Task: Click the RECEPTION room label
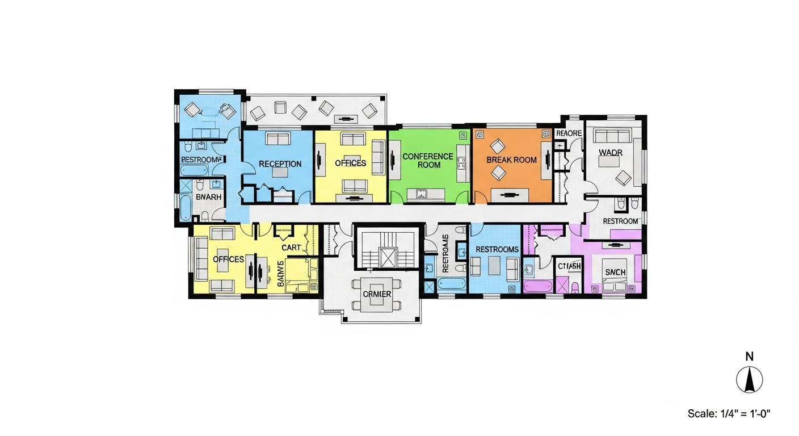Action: pyautogui.click(x=280, y=164)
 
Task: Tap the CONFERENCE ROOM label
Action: pyautogui.click(x=428, y=161)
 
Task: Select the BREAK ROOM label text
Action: pyautogui.click(x=511, y=160)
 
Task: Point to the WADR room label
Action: pyautogui.click(x=611, y=153)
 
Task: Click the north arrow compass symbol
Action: pyautogui.click(x=749, y=380)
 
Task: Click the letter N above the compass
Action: pyautogui.click(x=749, y=357)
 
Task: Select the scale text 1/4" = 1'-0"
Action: pyautogui.click(x=728, y=413)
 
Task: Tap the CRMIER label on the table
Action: pyautogui.click(x=377, y=294)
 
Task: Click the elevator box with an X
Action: pyautogui.click(x=389, y=258)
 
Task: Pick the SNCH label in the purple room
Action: pyautogui.click(x=615, y=272)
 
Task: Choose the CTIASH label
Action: pyautogui.click(x=569, y=267)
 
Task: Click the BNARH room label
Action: pyautogui.click(x=208, y=196)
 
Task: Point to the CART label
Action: pyautogui.click(x=291, y=248)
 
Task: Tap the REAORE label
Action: pyautogui.click(x=569, y=133)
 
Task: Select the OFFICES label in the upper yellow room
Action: pyautogui.click(x=350, y=163)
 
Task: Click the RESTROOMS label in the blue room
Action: pyautogui.click(x=497, y=249)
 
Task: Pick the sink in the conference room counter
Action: pyautogui.click(x=422, y=194)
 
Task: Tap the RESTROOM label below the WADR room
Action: pyautogui.click(x=620, y=221)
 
